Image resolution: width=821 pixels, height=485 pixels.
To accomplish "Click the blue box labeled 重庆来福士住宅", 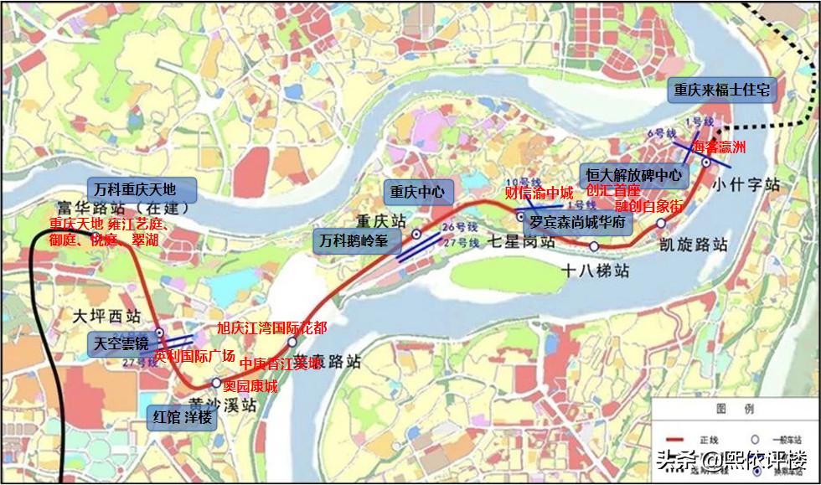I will click(721, 91).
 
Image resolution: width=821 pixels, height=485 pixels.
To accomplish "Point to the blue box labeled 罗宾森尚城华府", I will click(577, 223).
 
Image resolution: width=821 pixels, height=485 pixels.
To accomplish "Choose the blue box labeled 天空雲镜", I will click(121, 343).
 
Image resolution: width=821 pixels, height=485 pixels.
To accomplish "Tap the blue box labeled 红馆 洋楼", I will click(183, 416).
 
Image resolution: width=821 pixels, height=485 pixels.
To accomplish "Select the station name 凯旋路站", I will click(693, 245).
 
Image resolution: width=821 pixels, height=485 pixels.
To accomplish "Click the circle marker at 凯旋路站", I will click(661, 223).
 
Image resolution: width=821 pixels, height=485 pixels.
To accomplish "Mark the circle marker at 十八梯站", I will click(594, 246).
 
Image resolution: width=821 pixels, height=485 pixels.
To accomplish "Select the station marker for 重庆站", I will click(416, 235).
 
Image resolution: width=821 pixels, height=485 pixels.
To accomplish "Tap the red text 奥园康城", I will click(250, 386).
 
